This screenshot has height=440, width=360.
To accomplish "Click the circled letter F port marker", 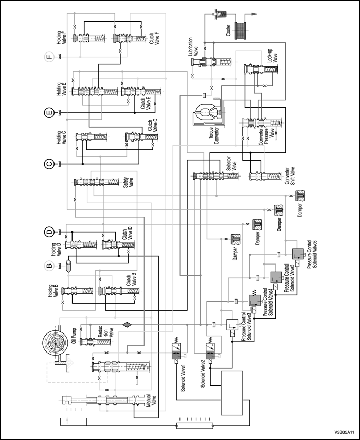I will [48, 56].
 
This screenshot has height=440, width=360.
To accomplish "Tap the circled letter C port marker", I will [48, 164].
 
